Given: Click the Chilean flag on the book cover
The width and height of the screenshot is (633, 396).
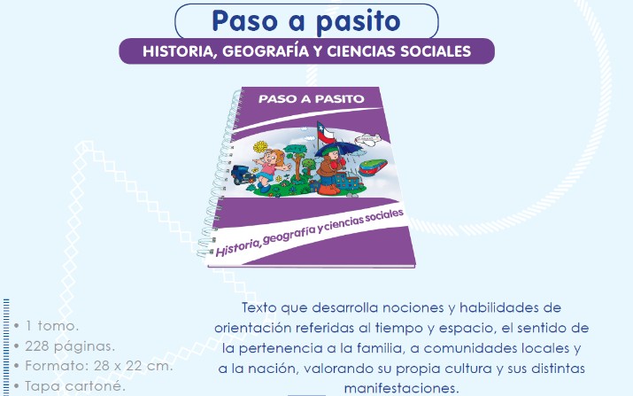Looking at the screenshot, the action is (x=326, y=134).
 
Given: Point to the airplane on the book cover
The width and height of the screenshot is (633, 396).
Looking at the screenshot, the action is (x=367, y=139).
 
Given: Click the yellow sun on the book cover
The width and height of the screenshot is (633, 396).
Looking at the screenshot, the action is (x=260, y=147).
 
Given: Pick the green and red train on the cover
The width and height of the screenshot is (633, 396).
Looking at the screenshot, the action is (x=373, y=167).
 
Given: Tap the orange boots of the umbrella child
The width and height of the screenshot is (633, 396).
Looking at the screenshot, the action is (x=329, y=190).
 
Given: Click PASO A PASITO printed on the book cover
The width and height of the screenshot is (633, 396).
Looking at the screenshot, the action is (x=312, y=99).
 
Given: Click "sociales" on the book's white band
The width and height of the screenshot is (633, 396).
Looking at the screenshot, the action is (x=384, y=217).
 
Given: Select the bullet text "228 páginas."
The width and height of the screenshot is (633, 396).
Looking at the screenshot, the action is (x=70, y=346).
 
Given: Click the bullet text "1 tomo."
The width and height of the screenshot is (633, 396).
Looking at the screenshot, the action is (x=51, y=326).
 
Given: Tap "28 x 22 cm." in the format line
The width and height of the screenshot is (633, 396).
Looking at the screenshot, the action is (x=133, y=366).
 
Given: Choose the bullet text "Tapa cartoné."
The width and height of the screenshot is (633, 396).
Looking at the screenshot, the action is (x=73, y=386).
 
